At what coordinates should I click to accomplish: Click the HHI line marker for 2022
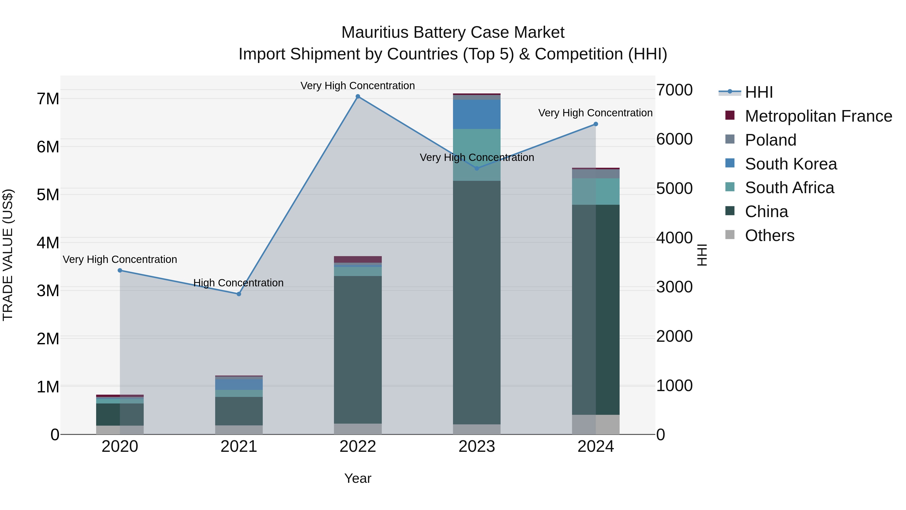pyautogui.click(x=358, y=96)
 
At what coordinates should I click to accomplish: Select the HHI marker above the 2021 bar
pyautogui.click(x=239, y=294)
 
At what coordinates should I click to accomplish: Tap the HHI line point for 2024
pyautogui.click(x=595, y=124)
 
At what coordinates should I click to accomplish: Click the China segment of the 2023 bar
pyautogui.click(x=477, y=303)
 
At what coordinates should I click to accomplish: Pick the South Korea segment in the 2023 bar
pyautogui.click(x=477, y=114)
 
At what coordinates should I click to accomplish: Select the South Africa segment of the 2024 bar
pyautogui.click(x=595, y=191)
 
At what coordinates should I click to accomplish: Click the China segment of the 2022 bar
pyautogui.click(x=358, y=350)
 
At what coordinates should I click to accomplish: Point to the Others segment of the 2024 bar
pyautogui.click(x=595, y=424)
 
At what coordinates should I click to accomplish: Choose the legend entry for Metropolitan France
pyautogui.click(x=818, y=116)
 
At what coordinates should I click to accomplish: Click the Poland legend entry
pyautogui.click(x=770, y=140)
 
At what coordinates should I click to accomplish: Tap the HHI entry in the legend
pyautogui.click(x=759, y=92)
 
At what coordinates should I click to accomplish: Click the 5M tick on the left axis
pyautogui.click(x=48, y=195)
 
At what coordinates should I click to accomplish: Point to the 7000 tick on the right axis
pyautogui.click(x=674, y=90)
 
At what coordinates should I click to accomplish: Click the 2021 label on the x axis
pyautogui.click(x=239, y=447)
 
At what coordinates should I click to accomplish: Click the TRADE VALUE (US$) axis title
pyautogui.click(x=8, y=255)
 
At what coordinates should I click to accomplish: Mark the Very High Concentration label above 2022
pyautogui.click(x=358, y=86)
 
